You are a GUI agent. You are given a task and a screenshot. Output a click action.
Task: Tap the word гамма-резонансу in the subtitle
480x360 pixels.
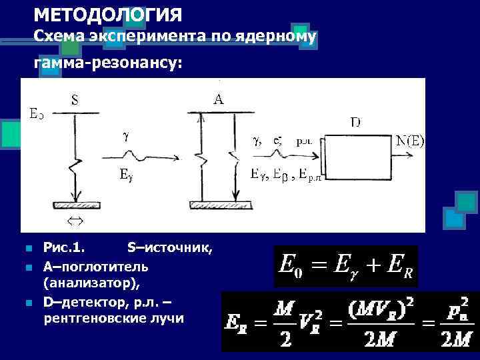tap(107, 64)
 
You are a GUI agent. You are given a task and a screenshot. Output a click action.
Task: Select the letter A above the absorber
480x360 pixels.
tap(218, 99)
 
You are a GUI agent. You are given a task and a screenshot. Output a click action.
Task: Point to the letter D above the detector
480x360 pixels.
tap(356, 122)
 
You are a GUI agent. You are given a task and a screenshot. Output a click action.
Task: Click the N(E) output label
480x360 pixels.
tap(411, 141)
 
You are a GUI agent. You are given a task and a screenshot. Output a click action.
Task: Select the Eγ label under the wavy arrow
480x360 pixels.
tap(126, 176)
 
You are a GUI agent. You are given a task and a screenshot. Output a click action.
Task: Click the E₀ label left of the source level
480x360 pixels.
tap(37, 113)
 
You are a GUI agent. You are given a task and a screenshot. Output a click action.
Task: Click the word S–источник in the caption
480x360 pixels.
tap(169, 249)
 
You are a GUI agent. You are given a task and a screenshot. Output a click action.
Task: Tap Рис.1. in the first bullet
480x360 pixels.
tap(64, 249)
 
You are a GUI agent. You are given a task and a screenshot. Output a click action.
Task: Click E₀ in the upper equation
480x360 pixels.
tap(287, 267)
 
